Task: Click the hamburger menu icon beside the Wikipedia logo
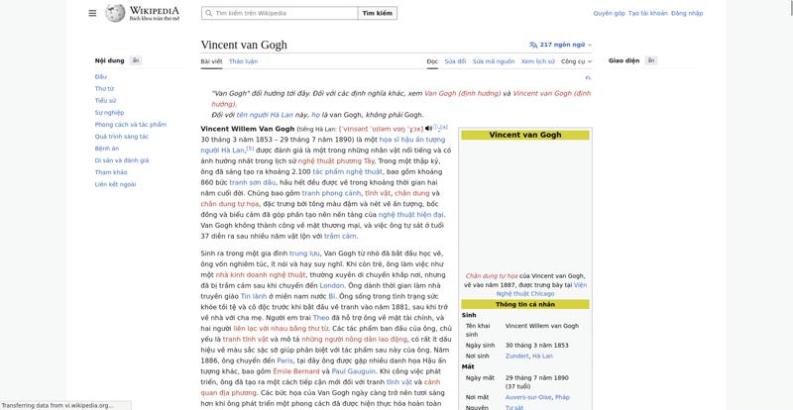tap(92, 13)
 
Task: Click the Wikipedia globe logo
tap(115, 13)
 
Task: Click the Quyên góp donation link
tap(609, 13)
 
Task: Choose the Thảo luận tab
tap(243, 61)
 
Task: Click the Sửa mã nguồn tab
tap(493, 61)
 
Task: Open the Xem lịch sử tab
tap(537, 61)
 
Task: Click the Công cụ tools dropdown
tap(575, 61)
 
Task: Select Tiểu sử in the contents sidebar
tap(105, 100)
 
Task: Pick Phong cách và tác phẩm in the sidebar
tap(130, 124)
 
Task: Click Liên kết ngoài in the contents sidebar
tap(115, 183)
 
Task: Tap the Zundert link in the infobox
tap(516, 356)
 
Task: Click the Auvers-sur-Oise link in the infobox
tap(527, 396)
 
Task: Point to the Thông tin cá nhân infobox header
tap(524, 305)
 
